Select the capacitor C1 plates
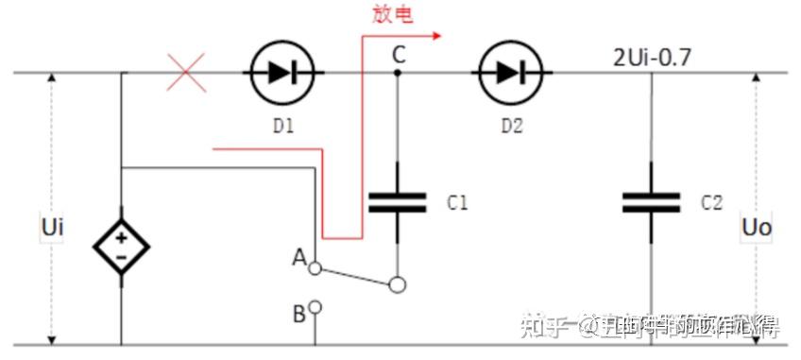[x=398, y=201]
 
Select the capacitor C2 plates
[x=651, y=201]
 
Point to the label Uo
[x=757, y=228]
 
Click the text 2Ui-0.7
[x=652, y=57]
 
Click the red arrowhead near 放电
[x=435, y=37]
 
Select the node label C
[x=399, y=56]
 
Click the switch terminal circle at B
[x=315, y=307]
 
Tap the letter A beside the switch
[x=299, y=257]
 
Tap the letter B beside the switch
[x=298, y=314]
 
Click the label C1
[x=457, y=202]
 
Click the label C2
[x=711, y=202]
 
